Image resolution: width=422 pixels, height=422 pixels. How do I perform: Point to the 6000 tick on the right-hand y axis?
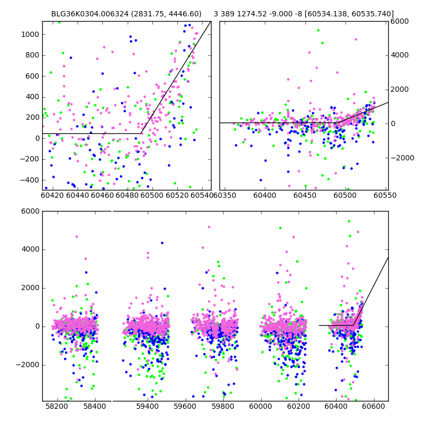399,21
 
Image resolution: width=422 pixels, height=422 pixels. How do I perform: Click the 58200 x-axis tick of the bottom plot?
56,407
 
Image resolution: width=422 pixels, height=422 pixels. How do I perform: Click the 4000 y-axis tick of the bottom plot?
30,250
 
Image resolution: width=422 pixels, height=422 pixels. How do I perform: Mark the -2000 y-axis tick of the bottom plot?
27,365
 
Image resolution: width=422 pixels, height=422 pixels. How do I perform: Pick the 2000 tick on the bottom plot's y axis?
30,288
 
